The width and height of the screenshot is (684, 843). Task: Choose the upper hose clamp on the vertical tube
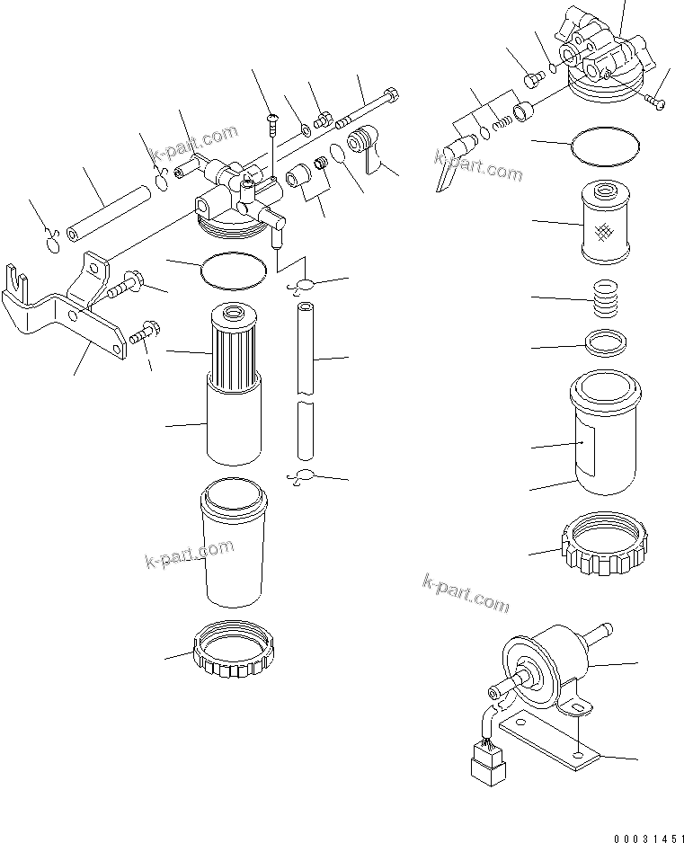coord(302,286)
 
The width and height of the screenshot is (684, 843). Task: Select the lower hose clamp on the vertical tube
coord(302,476)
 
